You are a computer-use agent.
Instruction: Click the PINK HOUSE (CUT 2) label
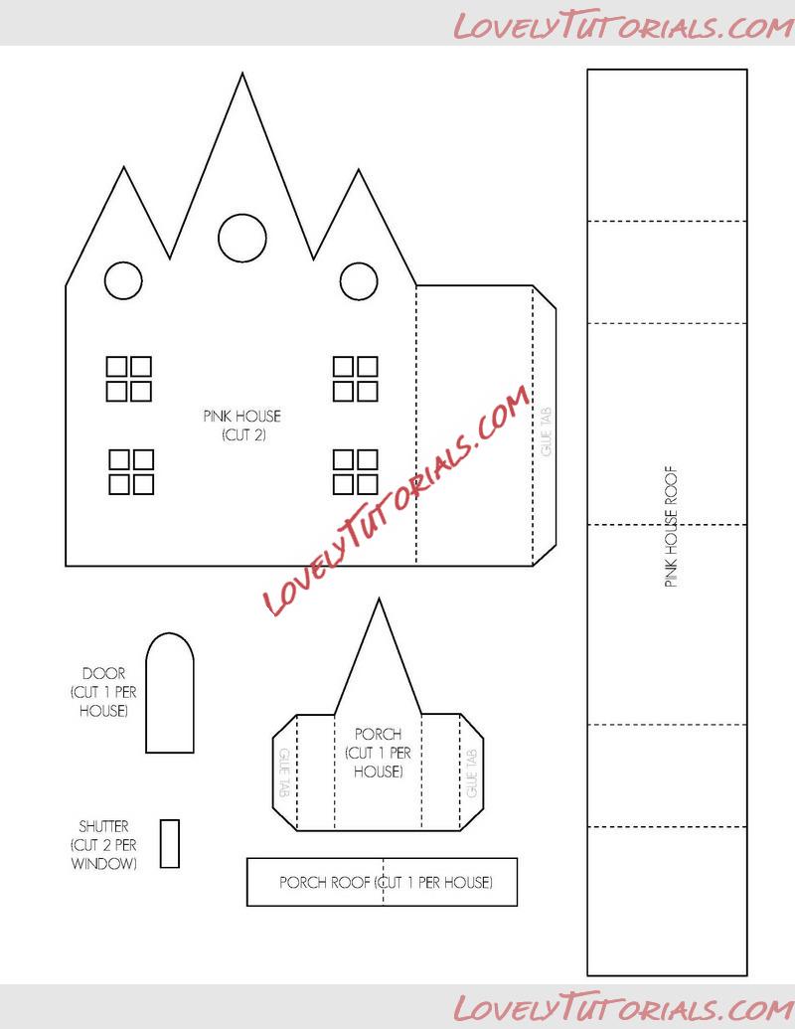click(241, 426)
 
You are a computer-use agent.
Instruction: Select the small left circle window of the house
click(123, 280)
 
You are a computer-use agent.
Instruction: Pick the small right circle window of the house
click(357, 280)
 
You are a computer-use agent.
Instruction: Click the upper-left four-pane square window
click(129, 379)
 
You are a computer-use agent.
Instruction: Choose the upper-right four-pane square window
click(355, 379)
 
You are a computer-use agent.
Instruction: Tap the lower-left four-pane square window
click(131, 471)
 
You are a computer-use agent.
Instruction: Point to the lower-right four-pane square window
click(355, 471)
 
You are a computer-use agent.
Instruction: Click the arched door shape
click(169, 694)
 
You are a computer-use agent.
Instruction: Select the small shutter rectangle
click(170, 843)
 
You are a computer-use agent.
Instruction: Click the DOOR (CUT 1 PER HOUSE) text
click(103, 692)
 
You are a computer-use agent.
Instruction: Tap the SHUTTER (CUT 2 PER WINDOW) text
click(103, 845)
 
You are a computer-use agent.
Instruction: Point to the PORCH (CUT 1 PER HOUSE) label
click(378, 753)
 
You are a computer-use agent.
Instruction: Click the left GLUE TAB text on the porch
click(284, 771)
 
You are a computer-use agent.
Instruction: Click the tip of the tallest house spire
click(241, 73)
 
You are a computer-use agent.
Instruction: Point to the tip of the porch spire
click(378, 599)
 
